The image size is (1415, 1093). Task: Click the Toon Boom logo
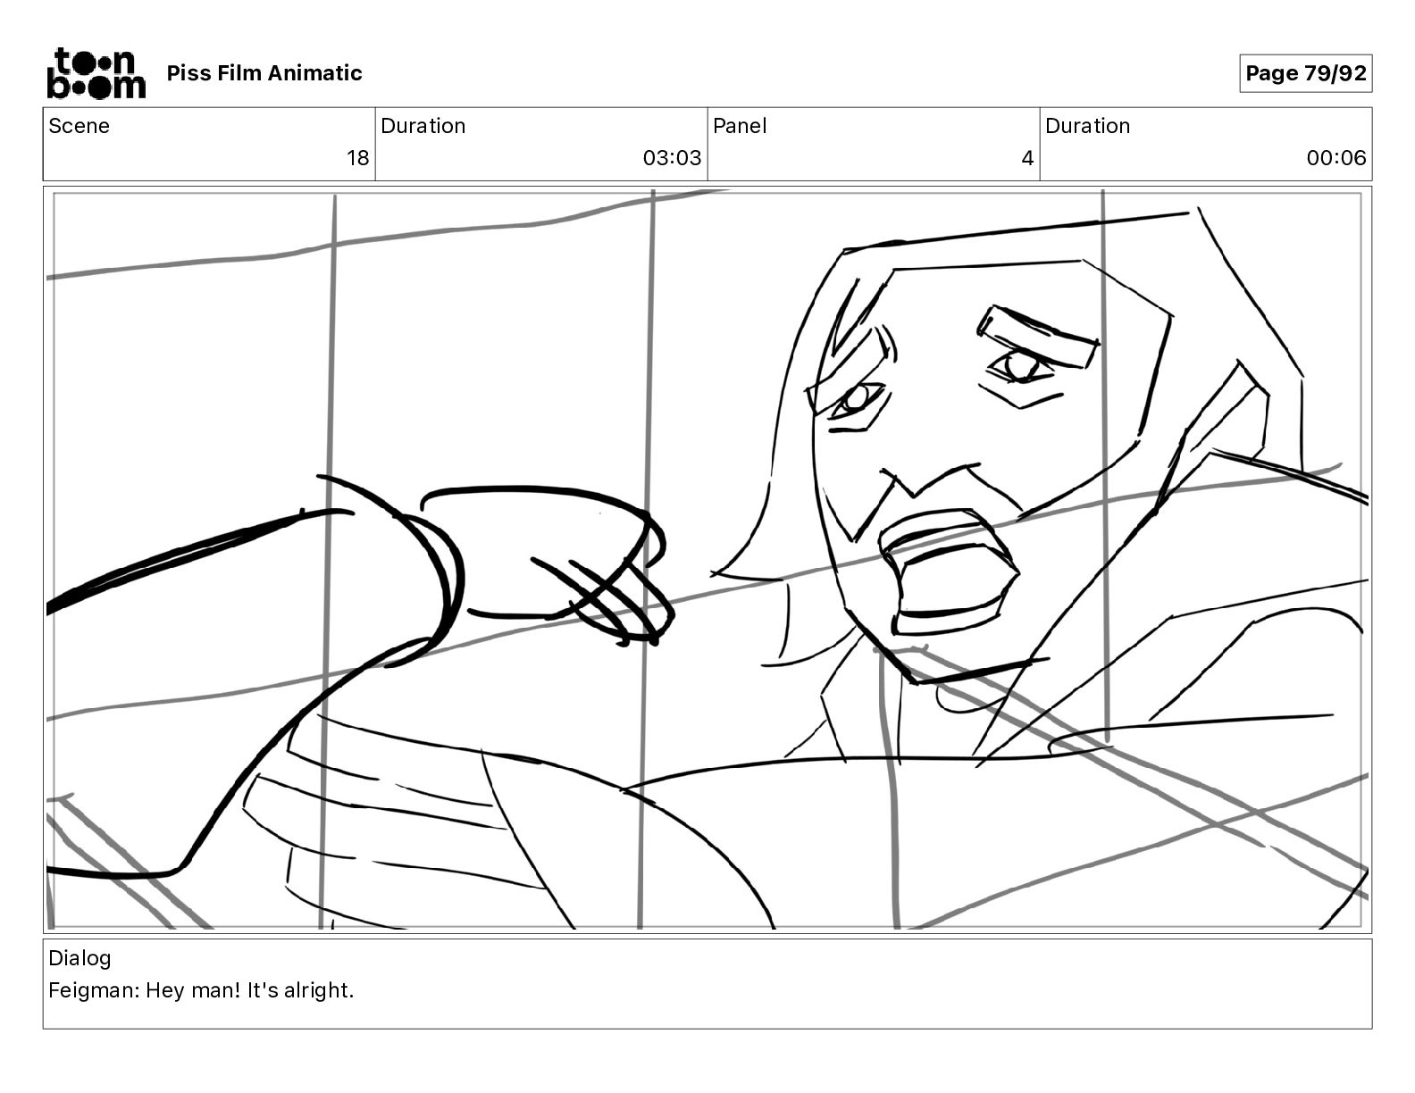tap(96, 73)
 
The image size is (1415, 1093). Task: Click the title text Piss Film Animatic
tap(264, 73)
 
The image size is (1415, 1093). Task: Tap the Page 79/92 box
tap(1305, 73)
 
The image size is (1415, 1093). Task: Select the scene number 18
tap(357, 157)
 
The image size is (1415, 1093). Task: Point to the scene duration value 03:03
tap(672, 157)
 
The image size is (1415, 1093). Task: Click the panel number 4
tap(1027, 157)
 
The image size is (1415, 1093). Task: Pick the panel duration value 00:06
tap(1336, 157)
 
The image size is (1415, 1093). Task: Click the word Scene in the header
tap(79, 126)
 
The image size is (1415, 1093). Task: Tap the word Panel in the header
tap(740, 126)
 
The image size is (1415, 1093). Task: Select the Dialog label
tap(80, 958)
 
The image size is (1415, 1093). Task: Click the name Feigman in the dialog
tap(94, 990)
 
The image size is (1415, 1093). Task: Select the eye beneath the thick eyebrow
tap(1018, 367)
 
